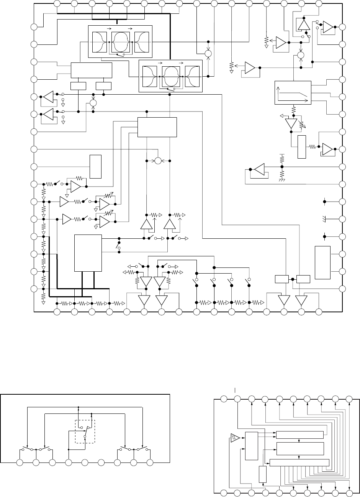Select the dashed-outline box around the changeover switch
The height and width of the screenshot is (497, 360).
pyautogui.click(x=85, y=431)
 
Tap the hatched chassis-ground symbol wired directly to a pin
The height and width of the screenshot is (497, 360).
pyautogui.click(x=324, y=219)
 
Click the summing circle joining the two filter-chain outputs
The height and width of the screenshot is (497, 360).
pyautogui.click(x=208, y=53)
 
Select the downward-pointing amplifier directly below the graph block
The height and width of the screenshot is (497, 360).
pyautogui.click(x=291, y=124)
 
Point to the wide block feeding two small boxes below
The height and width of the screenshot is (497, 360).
pyautogui.click(x=92, y=70)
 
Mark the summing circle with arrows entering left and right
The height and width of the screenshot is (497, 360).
pyautogui.click(x=158, y=161)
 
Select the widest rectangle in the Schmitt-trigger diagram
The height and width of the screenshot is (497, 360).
pyautogui.click(x=299, y=463)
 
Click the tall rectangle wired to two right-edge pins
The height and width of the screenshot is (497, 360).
pyautogui.click(x=322, y=262)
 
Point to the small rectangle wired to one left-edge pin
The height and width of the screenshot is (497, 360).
pyautogui.click(x=95, y=166)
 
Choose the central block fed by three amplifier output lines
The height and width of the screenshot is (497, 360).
pyautogui.click(x=157, y=127)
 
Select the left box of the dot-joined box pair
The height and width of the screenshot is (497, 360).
pyautogui.click(x=281, y=279)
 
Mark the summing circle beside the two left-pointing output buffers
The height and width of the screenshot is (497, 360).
pyautogui.click(x=93, y=103)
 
